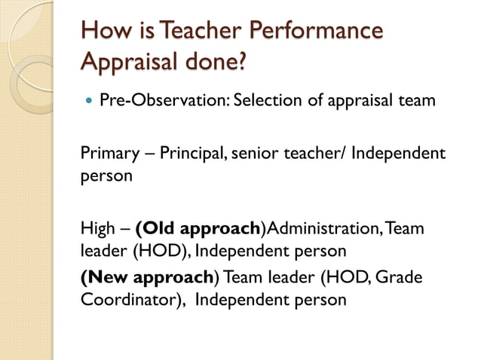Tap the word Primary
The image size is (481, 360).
click(106, 155)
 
